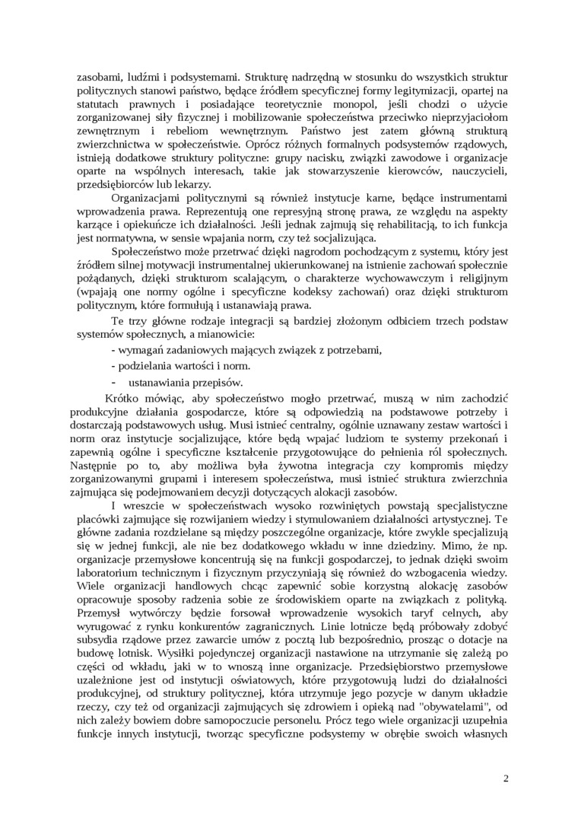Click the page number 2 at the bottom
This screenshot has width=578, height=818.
tap(506, 778)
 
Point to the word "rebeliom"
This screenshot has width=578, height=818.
tap(206, 131)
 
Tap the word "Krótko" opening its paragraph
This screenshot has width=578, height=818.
tap(123, 399)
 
